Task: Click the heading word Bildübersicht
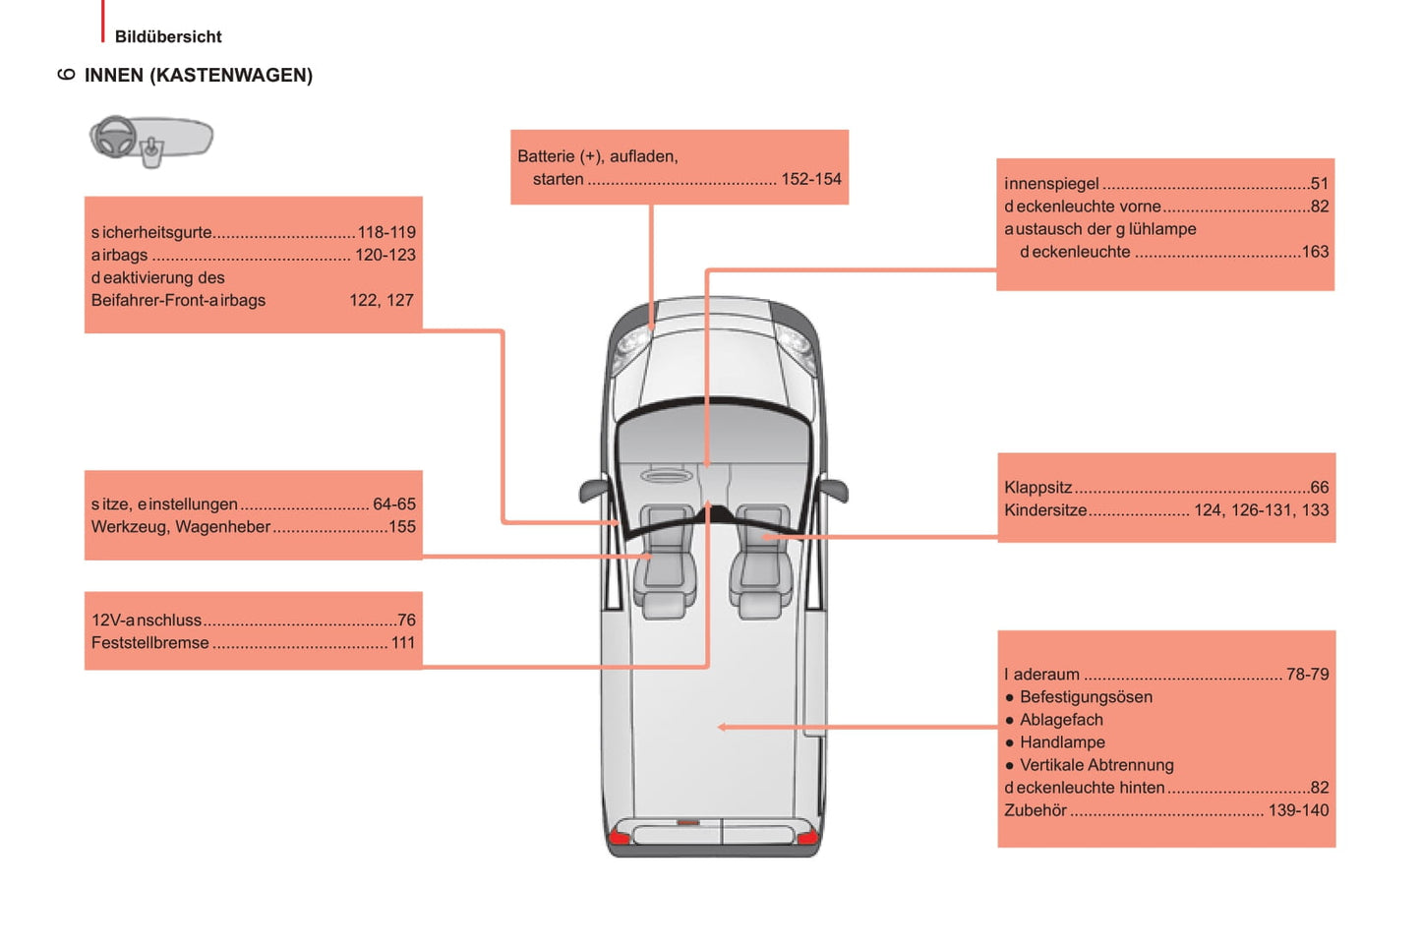tap(168, 36)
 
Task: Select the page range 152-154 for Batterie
tap(810, 179)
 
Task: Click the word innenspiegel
tap(1051, 184)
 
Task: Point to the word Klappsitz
tap(1037, 488)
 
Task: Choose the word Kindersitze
tap(1045, 510)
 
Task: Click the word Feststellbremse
tap(150, 643)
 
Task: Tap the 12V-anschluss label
tap(147, 621)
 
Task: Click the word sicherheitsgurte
tap(151, 233)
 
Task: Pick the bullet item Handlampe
tap(1062, 742)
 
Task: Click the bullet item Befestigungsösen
tap(1086, 697)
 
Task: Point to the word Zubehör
tap(1036, 811)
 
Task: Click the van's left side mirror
tap(592, 489)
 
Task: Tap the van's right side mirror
tap(835, 489)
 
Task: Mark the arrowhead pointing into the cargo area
tap(723, 728)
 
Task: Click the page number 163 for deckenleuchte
tap(1315, 252)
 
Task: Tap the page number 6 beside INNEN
tap(66, 75)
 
